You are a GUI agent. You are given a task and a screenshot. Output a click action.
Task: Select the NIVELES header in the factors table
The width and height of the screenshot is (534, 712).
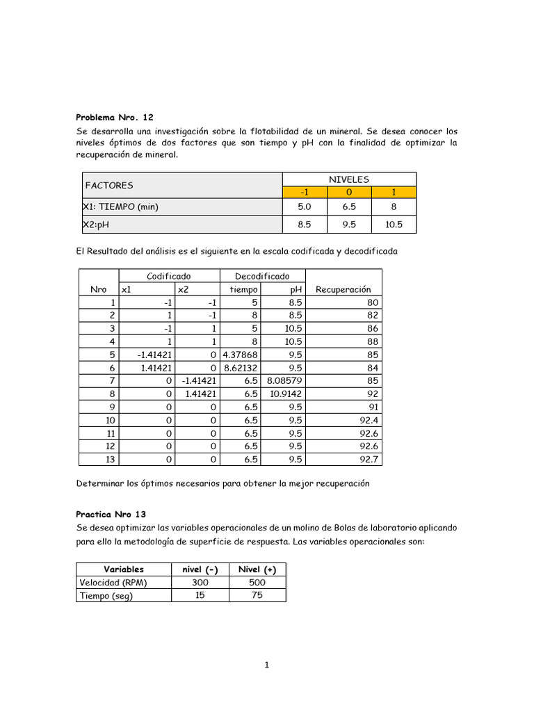(349, 179)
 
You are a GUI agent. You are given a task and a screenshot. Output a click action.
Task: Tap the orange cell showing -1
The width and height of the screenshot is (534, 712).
(304, 192)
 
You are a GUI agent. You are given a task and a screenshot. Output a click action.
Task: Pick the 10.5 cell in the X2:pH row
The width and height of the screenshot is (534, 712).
(394, 225)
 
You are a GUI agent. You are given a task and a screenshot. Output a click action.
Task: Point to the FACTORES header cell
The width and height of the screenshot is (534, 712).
(109, 186)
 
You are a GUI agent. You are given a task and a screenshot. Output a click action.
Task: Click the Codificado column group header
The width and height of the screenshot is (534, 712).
(169, 276)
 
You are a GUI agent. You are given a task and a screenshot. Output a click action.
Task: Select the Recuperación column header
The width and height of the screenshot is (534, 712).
(343, 289)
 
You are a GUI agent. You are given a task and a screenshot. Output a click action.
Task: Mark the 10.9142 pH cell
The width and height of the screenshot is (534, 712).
(286, 394)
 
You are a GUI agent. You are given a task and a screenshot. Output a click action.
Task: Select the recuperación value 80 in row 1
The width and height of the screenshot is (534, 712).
(371, 302)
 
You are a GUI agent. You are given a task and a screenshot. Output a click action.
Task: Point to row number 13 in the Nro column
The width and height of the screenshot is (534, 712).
(108, 459)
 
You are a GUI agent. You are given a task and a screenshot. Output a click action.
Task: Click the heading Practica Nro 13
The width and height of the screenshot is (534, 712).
(111, 515)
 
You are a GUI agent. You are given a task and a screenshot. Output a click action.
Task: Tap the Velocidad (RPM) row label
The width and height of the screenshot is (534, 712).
(113, 583)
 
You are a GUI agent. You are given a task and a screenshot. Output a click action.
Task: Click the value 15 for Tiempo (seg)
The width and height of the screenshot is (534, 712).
(200, 595)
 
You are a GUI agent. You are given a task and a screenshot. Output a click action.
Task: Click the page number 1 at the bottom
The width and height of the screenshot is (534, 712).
(266, 665)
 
